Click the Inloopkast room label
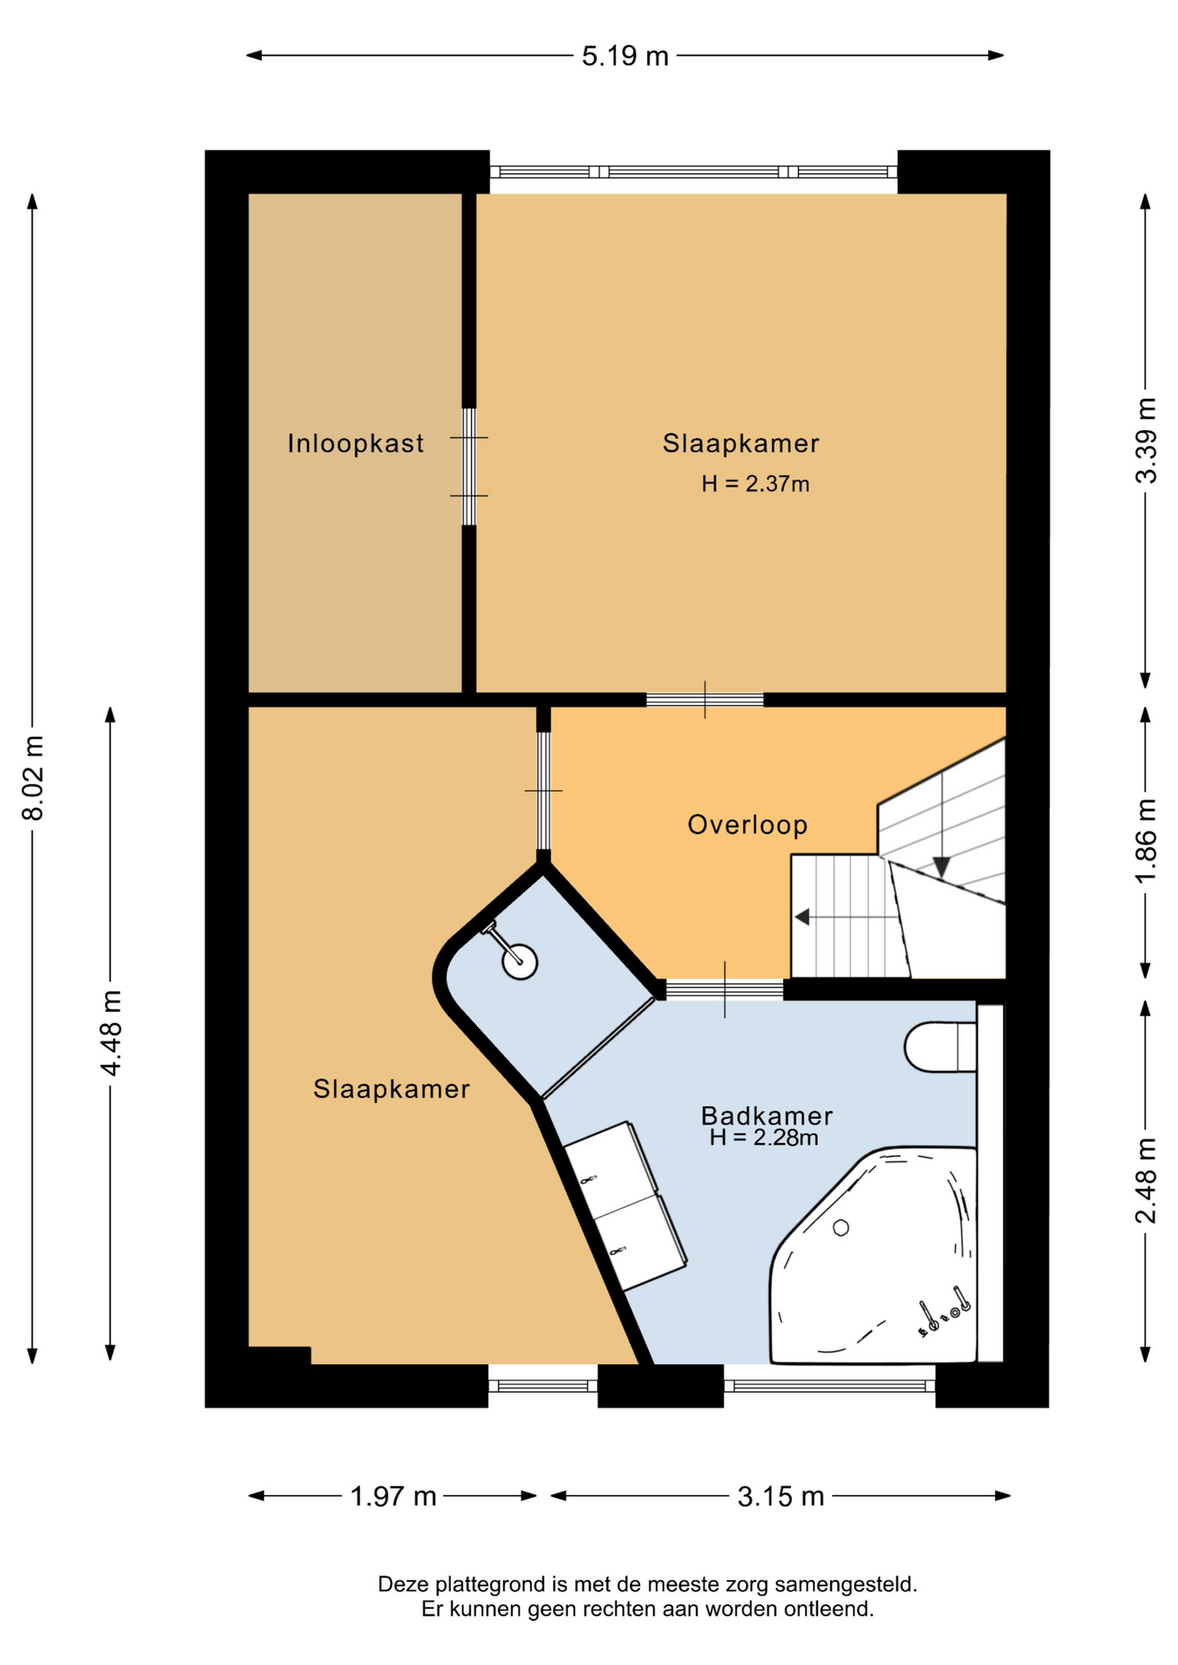pyautogui.click(x=356, y=443)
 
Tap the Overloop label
pyautogui.click(x=748, y=824)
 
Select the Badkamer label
pyautogui.click(x=767, y=1115)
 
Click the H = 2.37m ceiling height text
pyautogui.click(x=756, y=484)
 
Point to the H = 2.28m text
pyautogui.click(x=763, y=1138)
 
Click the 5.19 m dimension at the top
pyautogui.click(x=625, y=56)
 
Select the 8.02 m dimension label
pyautogui.click(x=33, y=778)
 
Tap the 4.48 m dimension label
pyautogui.click(x=111, y=1033)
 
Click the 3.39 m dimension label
pyautogui.click(x=1146, y=441)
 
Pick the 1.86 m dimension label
pyautogui.click(x=1146, y=841)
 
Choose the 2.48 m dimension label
pyautogui.click(x=1146, y=1180)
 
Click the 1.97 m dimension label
pyautogui.click(x=393, y=1496)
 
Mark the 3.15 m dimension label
pyautogui.click(x=781, y=1496)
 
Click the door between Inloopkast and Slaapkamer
pyautogui.click(x=469, y=467)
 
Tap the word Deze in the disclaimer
pyautogui.click(x=403, y=1584)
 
